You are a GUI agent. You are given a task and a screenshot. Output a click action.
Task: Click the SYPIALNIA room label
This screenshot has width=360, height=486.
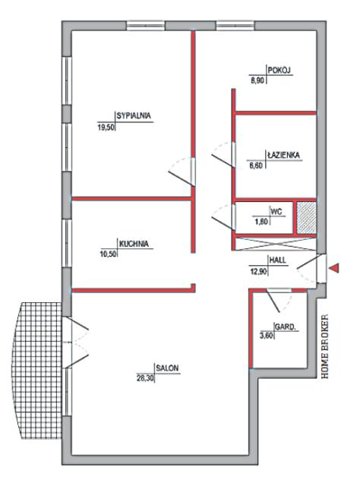pyautogui.click(x=134, y=115)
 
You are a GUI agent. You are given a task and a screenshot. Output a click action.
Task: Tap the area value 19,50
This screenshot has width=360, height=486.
pyautogui.click(x=106, y=127)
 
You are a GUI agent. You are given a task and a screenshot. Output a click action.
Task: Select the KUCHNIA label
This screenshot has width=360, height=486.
pyautogui.click(x=134, y=244)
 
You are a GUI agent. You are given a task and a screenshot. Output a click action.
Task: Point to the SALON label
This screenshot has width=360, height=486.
pyautogui.click(x=167, y=368)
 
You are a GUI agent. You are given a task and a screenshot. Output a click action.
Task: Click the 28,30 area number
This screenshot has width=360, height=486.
pyautogui.click(x=145, y=378)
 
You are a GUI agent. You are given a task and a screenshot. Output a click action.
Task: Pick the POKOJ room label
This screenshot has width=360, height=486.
pyautogui.click(x=279, y=71)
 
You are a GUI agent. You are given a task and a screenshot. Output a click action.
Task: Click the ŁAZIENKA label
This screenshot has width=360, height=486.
pyautogui.click(x=284, y=155)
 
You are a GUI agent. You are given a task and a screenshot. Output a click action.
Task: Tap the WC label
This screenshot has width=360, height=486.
pyautogui.click(x=276, y=212)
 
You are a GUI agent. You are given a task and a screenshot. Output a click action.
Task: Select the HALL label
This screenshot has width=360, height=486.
pyautogui.click(x=277, y=260)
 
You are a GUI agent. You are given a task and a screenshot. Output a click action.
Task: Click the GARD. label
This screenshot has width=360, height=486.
pyautogui.click(x=286, y=327)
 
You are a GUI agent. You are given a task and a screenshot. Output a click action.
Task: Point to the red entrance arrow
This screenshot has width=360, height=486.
pyautogui.click(x=334, y=267)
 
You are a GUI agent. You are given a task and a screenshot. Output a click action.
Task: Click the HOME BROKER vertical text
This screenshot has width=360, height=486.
pyautogui.click(x=324, y=346)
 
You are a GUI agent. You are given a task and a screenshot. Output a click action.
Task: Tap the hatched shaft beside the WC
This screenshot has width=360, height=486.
pyautogui.click(x=306, y=218)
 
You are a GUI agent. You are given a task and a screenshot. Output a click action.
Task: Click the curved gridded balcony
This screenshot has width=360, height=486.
pyautogui.click(x=36, y=371)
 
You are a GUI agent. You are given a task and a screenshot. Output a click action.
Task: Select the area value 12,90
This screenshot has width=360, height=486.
pyautogui.click(x=258, y=272)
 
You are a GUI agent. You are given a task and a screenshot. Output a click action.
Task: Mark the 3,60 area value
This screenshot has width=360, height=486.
pyautogui.click(x=267, y=336)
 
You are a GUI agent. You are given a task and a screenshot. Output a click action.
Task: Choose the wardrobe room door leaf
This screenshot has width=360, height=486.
pyautogui.click(x=273, y=301)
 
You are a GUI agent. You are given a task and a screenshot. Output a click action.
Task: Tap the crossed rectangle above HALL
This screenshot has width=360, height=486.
pyautogui.click(x=276, y=244)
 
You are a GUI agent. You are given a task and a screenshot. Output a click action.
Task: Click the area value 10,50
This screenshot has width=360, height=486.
pyautogui.click(x=108, y=254)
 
